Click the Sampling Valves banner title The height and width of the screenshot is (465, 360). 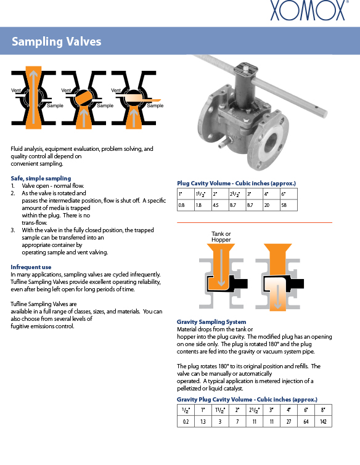tap(56, 41)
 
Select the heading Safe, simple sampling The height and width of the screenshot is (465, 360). tap(41, 178)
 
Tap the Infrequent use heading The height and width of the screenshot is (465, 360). tap(31, 267)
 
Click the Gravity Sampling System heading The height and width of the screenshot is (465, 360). tap(211, 321)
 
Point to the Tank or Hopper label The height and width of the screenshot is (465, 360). tap(221, 237)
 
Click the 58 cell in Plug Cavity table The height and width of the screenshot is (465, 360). tap(288, 205)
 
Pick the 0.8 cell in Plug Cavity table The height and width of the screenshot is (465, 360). tap(186, 205)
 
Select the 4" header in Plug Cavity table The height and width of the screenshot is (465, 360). tap(272, 194)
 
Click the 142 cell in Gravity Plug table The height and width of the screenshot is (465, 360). tap(323, 421)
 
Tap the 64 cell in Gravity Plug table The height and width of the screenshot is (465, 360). tap(306, 421)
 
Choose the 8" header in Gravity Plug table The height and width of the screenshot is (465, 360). tap(323, 410)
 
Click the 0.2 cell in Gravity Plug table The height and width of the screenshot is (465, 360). tap(186, 421)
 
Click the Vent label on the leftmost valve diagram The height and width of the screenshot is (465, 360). tap(16, 90)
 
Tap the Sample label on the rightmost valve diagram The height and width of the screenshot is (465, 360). tap(155, 105)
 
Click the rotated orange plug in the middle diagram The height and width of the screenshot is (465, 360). tap(83, 98)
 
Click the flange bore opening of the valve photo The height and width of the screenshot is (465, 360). tap(271, 142)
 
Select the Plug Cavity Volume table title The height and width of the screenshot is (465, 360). tap(237, 184)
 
